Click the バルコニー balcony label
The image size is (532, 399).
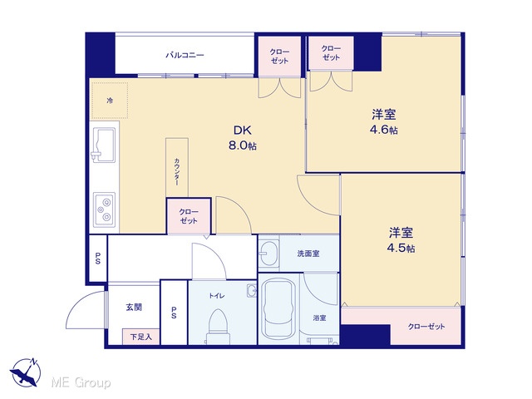[185, 55]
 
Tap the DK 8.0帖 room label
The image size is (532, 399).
[243, 138]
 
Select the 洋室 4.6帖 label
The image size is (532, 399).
[384, 122]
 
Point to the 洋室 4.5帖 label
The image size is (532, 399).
[401, 240]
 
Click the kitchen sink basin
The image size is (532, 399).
[103, 145]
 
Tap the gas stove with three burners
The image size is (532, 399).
[105, 210]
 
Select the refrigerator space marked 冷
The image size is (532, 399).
[109, 100]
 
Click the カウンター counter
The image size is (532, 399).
[177, 168]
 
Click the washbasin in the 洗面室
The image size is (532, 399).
[268, 253]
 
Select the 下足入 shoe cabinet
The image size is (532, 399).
[140, 337]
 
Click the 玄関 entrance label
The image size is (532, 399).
[134, 307]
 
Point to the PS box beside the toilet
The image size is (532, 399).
[174, 313]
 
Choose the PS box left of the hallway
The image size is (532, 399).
[98, 259]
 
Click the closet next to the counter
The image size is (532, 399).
[189, 216]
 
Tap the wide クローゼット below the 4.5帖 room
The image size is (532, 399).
[426, 326]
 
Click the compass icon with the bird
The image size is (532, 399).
[26, 372]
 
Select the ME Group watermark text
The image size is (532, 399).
[81, 382]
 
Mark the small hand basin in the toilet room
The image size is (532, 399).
[251, 290]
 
